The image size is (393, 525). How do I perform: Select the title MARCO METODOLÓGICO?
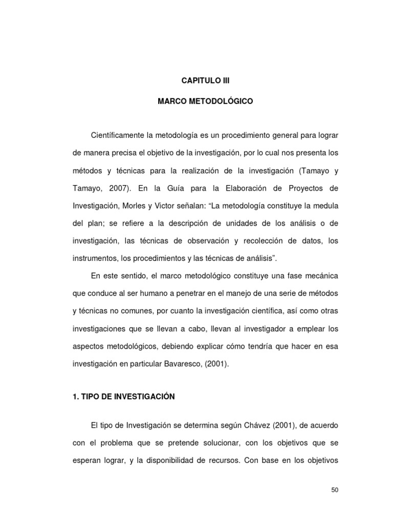[x=205, y=102]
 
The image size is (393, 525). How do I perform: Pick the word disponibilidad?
[x=167, y=461]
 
